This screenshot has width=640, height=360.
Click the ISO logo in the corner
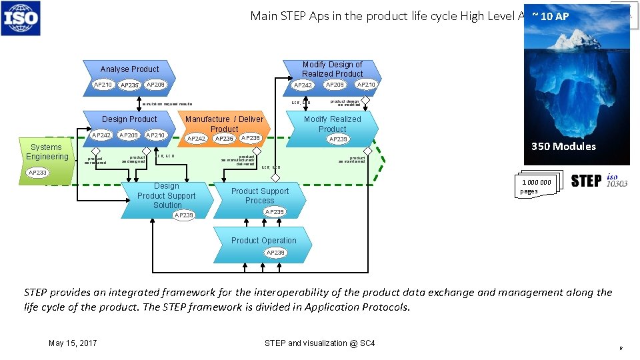(x=21, y=18)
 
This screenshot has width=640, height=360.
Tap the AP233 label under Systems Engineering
(x=37, y=173)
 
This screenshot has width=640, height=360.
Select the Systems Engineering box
(x=47, y=152)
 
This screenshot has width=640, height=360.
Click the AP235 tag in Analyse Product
(x=129, y=85)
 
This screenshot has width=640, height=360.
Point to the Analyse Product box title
(x=129, y=69)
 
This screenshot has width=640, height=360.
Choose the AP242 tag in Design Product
(x=101, y=135)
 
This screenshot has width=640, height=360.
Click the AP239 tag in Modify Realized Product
(x=339, y=139)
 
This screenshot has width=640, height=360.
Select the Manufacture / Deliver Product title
(x=224, y=124)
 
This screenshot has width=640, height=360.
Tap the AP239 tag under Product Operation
(x=275, y=253)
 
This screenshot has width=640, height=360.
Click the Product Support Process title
(x=260, y=195)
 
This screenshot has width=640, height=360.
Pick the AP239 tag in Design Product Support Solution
(x=183, y=215)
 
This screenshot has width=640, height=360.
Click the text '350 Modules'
(x=563, y=147)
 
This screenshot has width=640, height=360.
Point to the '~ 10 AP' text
(x=551, y=16)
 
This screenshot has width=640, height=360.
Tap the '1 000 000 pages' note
(x=536, y=187)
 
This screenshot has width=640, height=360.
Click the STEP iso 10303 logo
(x=599, y=181)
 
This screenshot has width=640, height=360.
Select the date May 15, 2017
(x=73, y=343)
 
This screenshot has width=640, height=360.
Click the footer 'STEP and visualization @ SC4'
(x=319, y=343)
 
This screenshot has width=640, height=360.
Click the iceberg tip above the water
(x=577, y=41)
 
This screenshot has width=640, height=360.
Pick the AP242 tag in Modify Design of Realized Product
(x=303, y=85)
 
